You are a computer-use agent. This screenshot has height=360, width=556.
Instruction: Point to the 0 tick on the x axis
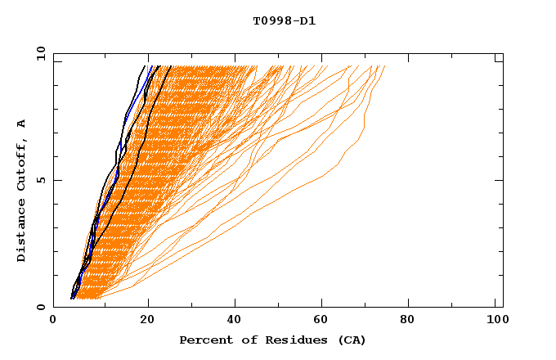click(53, 321)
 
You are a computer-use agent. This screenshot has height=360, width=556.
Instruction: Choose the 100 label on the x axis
click(495, 321)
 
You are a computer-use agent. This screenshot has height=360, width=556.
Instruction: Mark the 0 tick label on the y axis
click(41, 308)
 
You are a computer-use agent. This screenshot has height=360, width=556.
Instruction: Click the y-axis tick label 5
click(41, 180)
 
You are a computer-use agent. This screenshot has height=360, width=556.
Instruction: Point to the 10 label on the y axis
click(38, 53)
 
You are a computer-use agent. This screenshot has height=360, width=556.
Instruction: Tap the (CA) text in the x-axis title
click(352, 340)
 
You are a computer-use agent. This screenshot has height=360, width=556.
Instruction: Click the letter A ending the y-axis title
click(22, 124)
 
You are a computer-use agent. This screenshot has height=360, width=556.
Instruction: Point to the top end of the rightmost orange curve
click(384, 66)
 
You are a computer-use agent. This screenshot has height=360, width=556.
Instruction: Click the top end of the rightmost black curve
click(171, 66)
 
